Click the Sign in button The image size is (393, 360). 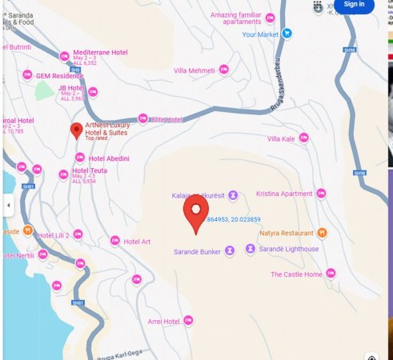tap(354, 5)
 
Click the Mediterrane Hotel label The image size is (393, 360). tap(100, 52)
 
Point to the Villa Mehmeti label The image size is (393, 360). tap(194, 70)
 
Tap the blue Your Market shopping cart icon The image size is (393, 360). tap(287, 34)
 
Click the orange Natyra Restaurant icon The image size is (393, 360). tap(322, 233)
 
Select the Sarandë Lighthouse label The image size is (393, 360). tap(288, 249)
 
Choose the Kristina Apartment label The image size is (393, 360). tap(284, 194)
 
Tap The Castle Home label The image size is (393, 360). tap(296, 274)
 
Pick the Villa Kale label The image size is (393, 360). tap(281, 139)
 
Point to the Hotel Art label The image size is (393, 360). tap(137, 242)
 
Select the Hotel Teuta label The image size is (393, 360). tap(90, 170)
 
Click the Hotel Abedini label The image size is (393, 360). tap(109, 158)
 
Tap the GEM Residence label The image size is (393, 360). tap(60, 75)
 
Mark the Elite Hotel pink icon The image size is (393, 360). tap(143, 118)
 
